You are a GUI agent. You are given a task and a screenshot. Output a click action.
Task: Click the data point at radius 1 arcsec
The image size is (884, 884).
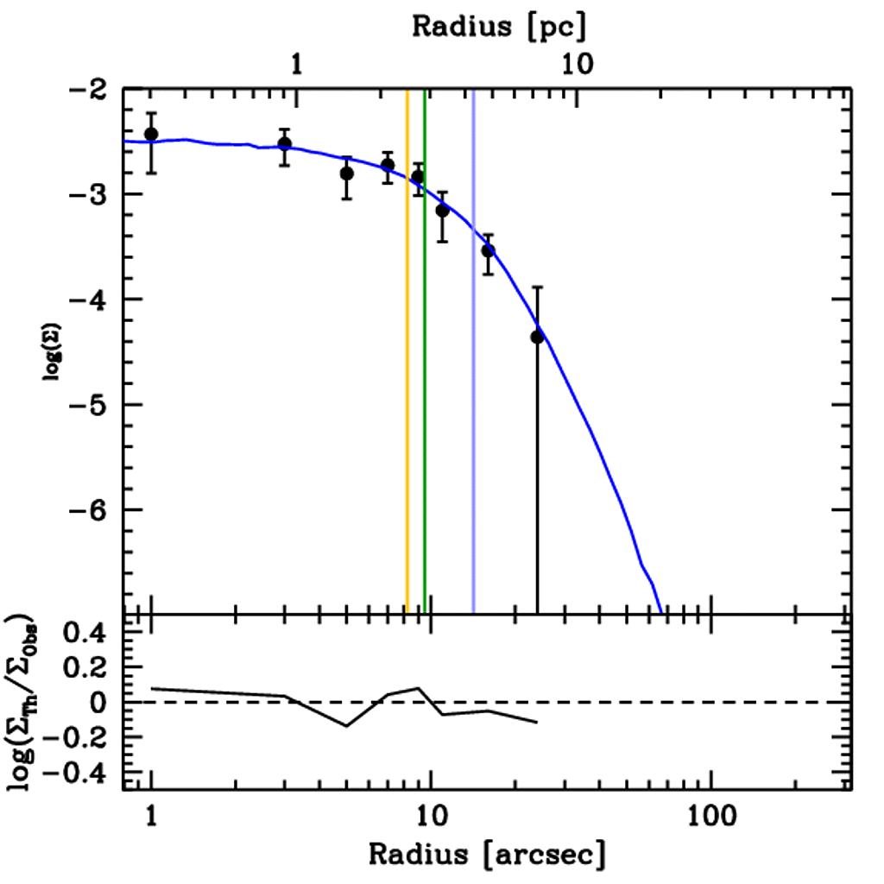coord(151,134)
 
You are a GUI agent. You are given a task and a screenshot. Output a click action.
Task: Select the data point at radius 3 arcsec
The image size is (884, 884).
coord(284,143)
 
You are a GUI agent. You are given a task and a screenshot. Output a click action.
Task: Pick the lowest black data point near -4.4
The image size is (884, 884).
coord(537,337)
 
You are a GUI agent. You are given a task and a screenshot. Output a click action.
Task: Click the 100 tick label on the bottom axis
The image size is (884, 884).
coord(710,816)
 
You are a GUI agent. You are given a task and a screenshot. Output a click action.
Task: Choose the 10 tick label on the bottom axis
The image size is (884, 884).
coord(430,816)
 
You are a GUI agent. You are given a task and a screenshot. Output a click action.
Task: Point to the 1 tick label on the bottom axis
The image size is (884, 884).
coord(151,816)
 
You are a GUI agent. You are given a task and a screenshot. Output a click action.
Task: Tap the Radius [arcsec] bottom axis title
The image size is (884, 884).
coord(488,855)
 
